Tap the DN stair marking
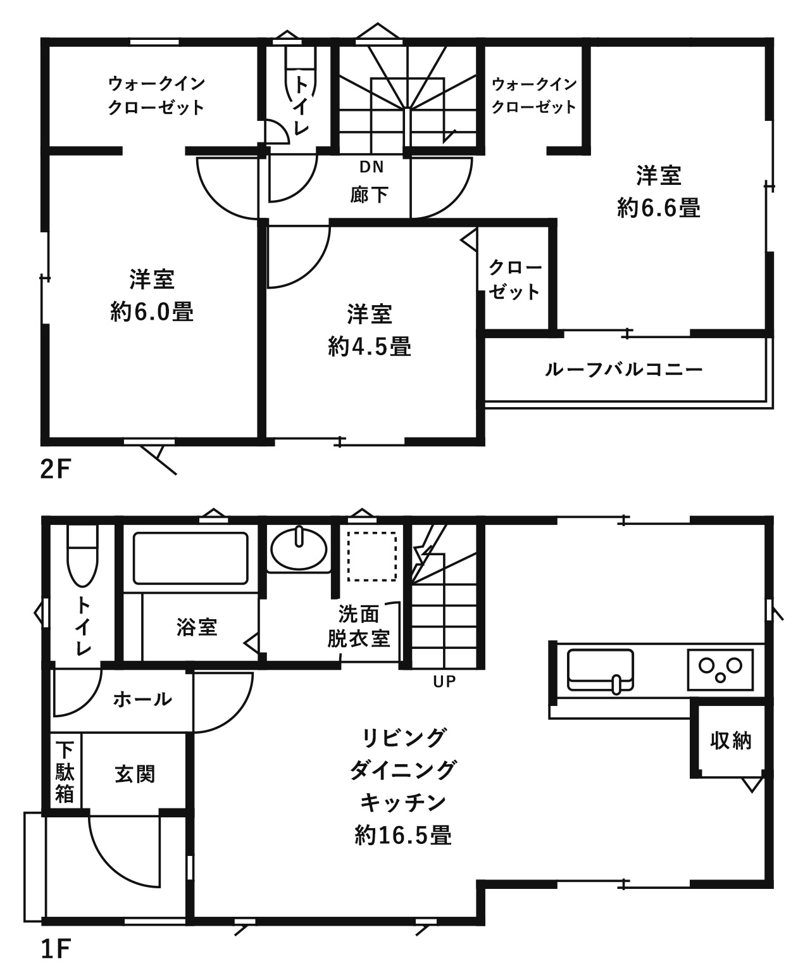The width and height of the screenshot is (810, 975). click(371, 167)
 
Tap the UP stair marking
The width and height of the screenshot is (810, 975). click(444, 681)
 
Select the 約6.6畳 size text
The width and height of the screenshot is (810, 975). click(658, 208)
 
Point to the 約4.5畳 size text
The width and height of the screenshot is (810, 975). click(370, 346)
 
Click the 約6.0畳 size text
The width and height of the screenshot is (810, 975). click(152, 311)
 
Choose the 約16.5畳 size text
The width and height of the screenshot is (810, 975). click(403, 835)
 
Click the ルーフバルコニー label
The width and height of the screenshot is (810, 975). click(624, 369)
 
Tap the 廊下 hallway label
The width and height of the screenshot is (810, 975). click(370, 194)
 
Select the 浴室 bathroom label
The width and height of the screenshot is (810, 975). click(197, 627)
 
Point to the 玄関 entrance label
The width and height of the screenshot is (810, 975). click(135, 774)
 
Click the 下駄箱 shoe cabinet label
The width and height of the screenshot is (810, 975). click(65, 772)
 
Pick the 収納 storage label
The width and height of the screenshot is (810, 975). click(731, 740)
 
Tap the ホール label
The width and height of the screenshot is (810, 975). click(142, 699)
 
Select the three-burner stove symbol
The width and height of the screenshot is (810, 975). click(720, 669)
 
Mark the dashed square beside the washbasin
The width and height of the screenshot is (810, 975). click(371, 556)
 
